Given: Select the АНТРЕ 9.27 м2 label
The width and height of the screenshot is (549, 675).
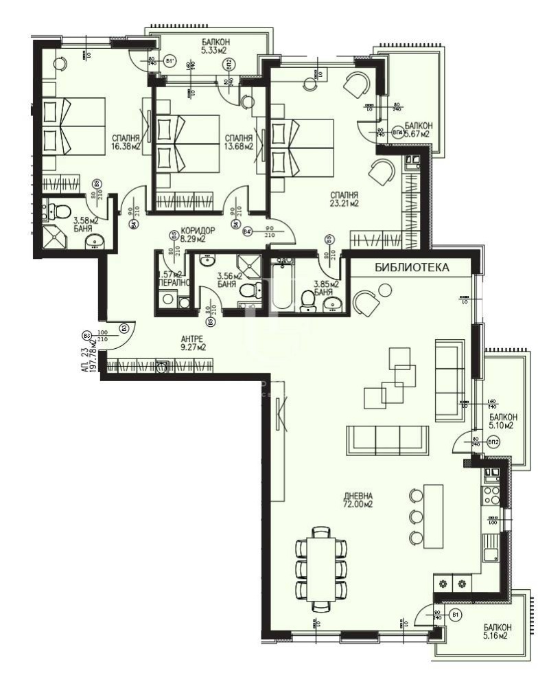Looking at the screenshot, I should pos(193,343).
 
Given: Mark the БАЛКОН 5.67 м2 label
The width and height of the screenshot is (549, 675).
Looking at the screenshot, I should pos(417,130).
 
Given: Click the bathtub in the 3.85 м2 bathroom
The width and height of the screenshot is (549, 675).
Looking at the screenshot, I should pos(283,288).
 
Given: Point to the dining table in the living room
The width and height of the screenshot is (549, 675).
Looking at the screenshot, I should pos(321,568).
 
